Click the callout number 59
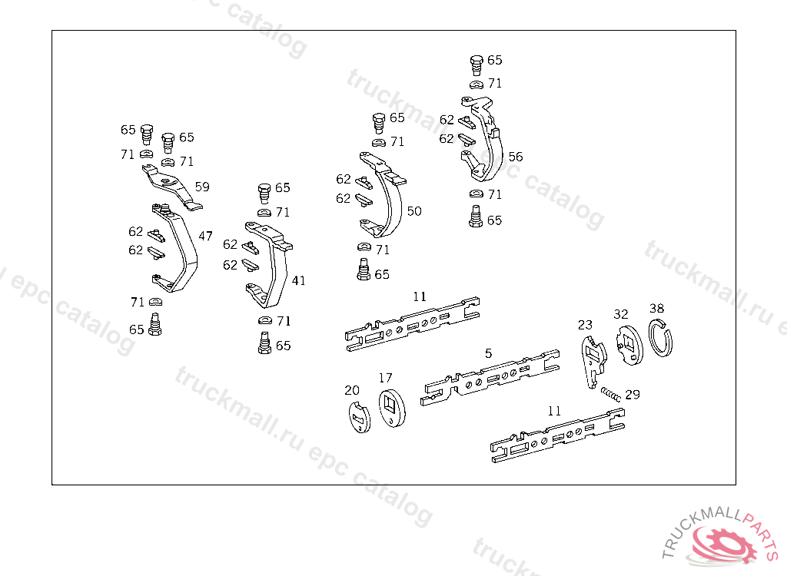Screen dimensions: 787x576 pos(202,187)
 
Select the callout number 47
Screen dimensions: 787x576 pos(205,235)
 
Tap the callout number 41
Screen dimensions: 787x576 pos(298,280)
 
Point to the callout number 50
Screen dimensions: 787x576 pos(414,210)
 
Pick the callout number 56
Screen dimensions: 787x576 pos(516,157)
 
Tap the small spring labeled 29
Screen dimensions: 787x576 pos(611,395)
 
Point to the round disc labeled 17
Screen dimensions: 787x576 pos(392,408)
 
